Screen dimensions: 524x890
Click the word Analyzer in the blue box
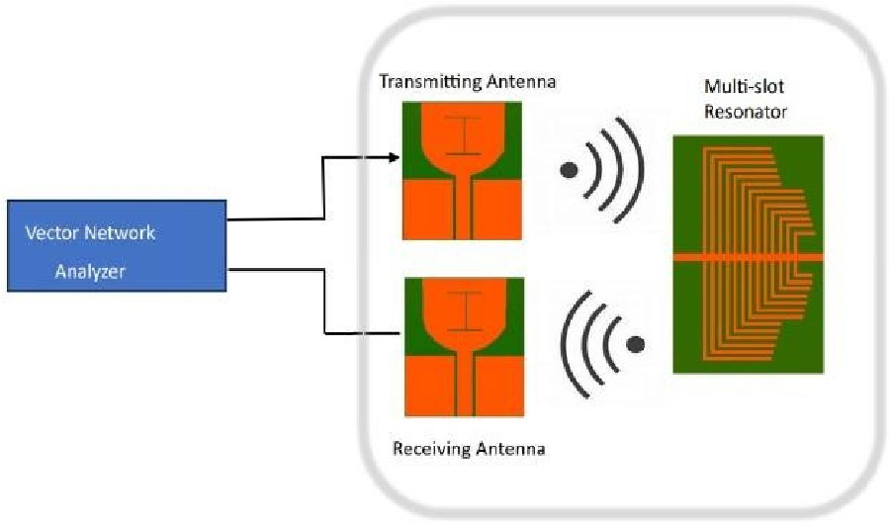[x=90, y=271]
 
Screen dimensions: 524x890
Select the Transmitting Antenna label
[x=468, y=81]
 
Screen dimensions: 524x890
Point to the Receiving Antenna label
[x=469, y=450]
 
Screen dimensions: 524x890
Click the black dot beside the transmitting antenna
[x=569, y=169]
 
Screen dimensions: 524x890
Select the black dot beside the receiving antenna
[x=636, y=344]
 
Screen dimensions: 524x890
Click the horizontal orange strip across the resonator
[x=747, y=257]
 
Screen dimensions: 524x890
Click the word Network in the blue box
[x=127, y=235]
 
